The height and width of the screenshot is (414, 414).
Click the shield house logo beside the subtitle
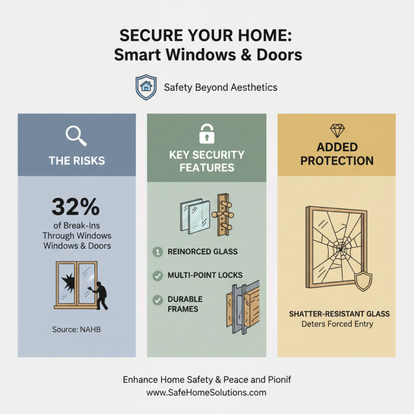[x=146, y=87]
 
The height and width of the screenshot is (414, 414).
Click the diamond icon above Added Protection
[x=336, y=129]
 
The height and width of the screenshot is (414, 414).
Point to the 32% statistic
[x=76, y=206]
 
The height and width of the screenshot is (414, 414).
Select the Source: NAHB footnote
[x=76, y=329]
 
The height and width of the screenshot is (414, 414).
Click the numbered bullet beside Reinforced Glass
[x=157, y=252]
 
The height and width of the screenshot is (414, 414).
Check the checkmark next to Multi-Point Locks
[x=157, y=275]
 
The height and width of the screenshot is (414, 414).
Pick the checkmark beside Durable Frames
[x=157, y=300]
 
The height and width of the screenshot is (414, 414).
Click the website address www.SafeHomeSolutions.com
[x=206, y=392]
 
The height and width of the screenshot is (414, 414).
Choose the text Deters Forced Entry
[x=336, y=324]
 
